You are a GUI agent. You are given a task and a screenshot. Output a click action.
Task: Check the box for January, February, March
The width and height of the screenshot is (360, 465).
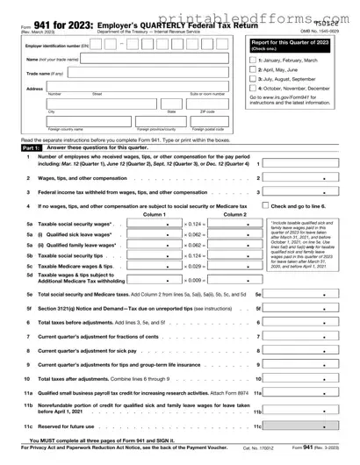pos(254,58)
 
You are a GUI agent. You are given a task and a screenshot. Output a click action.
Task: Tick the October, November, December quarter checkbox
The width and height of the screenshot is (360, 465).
pos(254,88)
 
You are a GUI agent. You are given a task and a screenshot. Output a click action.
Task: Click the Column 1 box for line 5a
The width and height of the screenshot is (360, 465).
pos(155,225)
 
